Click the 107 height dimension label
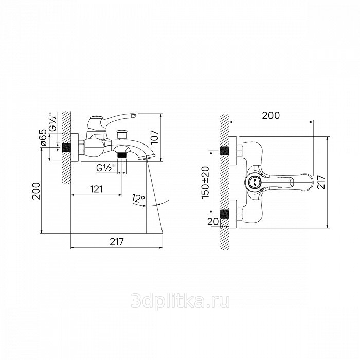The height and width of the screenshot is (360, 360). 154,137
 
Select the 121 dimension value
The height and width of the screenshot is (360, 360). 96,189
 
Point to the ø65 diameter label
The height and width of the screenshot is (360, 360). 44,137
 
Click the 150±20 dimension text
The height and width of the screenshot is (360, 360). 205,183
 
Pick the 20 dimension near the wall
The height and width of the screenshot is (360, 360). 213,221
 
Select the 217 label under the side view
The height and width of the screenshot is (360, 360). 117,242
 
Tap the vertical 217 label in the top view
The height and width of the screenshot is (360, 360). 321,182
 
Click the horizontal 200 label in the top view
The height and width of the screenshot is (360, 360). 271,115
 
